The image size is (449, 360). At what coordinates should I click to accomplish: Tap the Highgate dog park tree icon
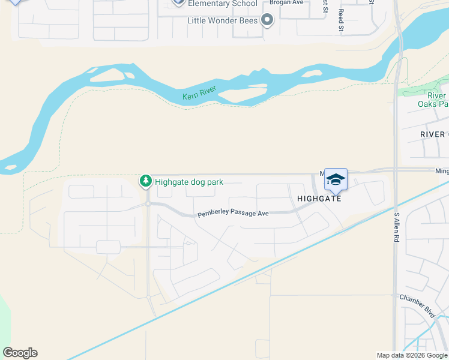(x=145, y=181)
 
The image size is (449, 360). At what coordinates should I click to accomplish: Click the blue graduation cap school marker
(x=336, y=179)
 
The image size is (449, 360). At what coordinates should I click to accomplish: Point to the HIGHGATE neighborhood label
(x=319, y=198)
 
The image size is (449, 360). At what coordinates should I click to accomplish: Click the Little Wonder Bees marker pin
(x=268, y=21)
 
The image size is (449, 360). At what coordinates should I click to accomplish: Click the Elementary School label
(x=218, y=4)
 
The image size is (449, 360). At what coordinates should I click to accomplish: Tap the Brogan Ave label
(x=287, y=2)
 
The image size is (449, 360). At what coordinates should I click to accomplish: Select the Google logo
(x=20, y=352)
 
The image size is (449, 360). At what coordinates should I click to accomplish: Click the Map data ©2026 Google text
(x=411, y=355)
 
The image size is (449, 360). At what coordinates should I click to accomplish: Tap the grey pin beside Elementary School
(x=178, y=2)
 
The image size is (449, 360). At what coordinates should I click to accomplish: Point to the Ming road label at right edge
(x=442, y=171)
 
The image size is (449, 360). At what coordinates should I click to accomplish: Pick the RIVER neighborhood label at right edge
(x=434, y=134)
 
